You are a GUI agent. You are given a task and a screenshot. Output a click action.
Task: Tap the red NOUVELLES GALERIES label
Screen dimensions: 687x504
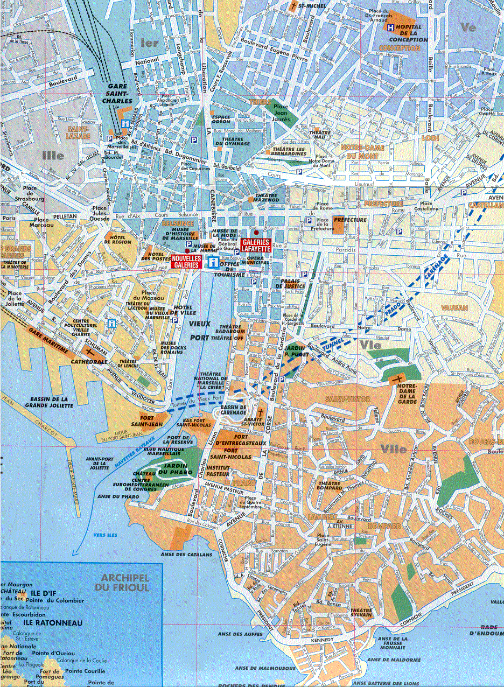[x=186, y=262]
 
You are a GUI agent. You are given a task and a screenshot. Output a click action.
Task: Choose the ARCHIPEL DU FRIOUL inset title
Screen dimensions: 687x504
[x=122, y=583]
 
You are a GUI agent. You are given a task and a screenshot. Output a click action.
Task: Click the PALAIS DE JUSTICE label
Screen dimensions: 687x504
[x=291, y=283]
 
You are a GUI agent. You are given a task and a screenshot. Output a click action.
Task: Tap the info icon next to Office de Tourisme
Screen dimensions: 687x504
[x=214, y=262]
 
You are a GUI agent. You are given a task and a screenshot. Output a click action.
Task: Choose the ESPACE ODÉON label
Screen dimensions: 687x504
[x=221, y=119]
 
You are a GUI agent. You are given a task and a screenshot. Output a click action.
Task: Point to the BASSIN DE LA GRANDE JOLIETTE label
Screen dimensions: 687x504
[x=48, y=402]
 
